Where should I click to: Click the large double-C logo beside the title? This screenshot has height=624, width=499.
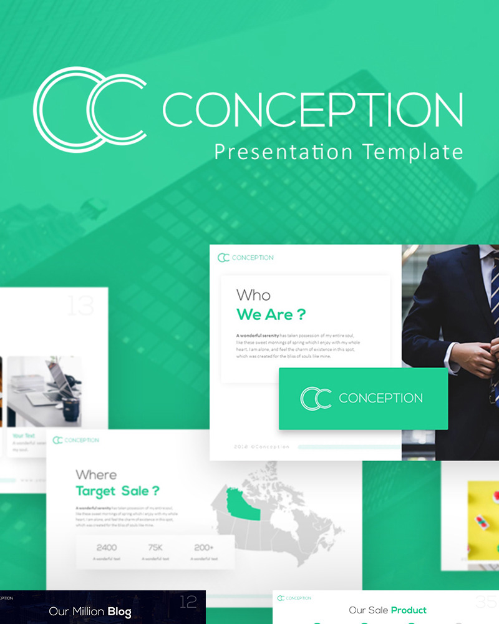[89, 110]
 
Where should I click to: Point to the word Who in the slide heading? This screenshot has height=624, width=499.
[253, 295]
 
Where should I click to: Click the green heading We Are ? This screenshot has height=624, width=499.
[271, 314]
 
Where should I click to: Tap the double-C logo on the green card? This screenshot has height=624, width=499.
[316, 398]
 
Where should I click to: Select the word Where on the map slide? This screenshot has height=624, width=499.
[96, 475]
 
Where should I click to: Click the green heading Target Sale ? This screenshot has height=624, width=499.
[117, 490]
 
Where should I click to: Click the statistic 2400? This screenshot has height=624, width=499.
[107, 548]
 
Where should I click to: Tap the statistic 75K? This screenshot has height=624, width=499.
[155, 548]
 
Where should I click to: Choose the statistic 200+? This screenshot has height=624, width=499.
[204, 548]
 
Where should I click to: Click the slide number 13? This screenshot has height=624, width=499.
[80, 306]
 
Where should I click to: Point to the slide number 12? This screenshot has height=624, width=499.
[188, 602]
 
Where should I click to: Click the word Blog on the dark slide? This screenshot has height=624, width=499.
[119, 612]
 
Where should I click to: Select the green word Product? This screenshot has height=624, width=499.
[409, 610]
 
